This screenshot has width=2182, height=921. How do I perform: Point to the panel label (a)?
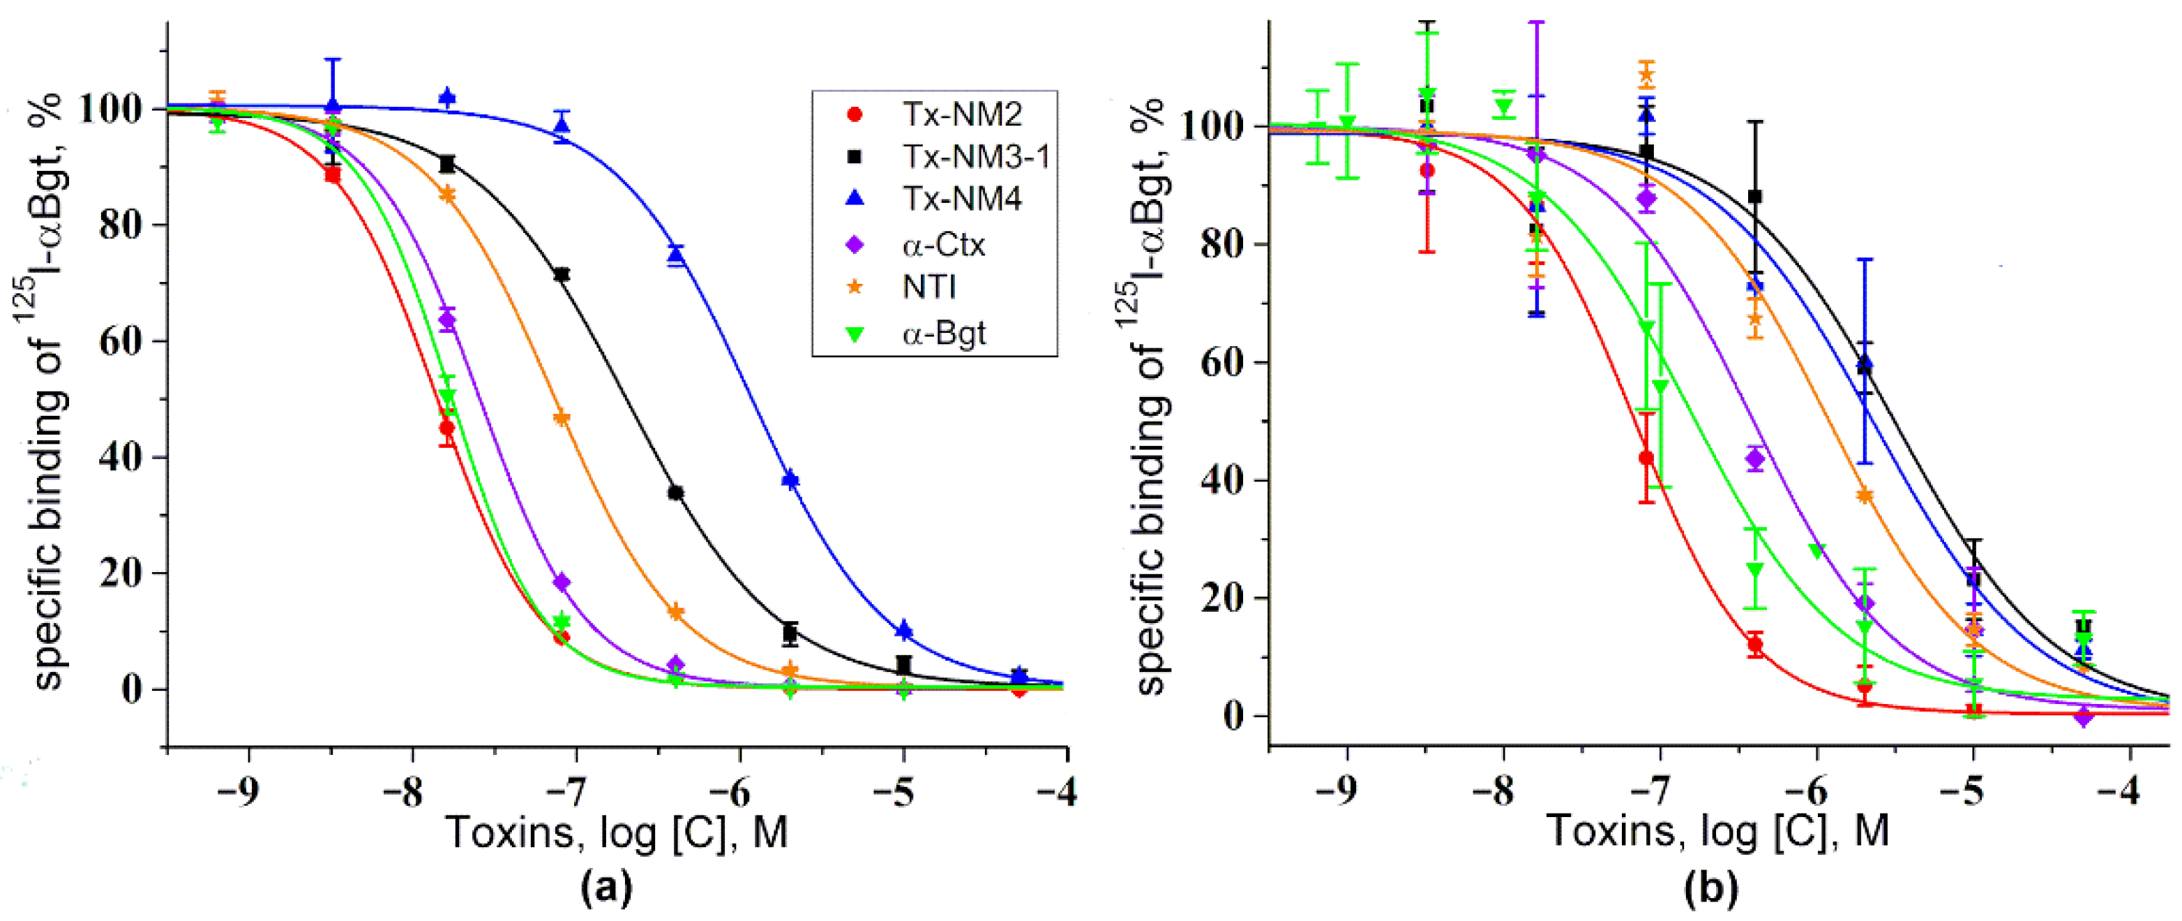[x=605, y=889]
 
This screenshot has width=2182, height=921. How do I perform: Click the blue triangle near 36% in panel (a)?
[x=790, y=479]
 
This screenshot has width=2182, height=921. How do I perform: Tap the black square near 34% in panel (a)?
[x=675, y=493]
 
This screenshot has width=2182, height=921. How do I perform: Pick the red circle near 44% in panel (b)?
[x=1646, y=458]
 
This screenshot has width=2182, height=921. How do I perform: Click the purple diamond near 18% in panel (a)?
[x=562, y=582]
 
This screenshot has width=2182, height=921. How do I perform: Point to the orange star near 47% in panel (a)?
[x=561, y=418]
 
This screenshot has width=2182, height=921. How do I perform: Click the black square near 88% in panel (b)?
[x=1755, y=197]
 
